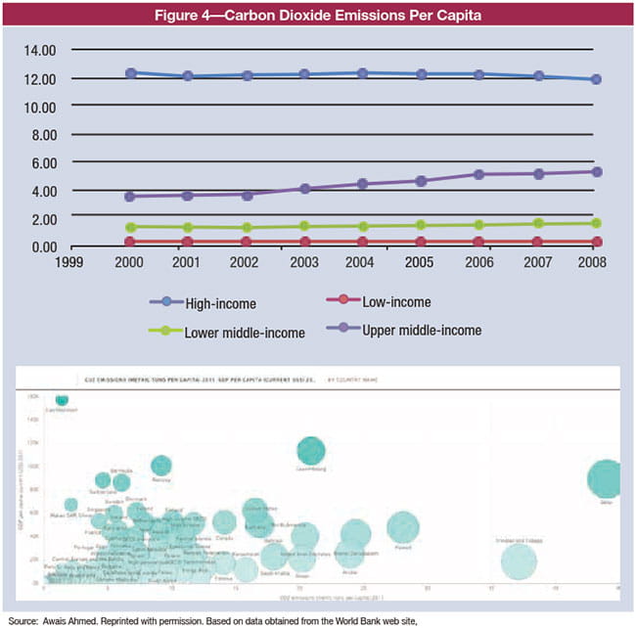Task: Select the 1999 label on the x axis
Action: (68, 263)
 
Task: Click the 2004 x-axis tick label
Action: (362, 263)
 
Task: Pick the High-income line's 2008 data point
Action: (596, 79)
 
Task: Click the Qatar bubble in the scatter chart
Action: (609, 478)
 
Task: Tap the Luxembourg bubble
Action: (312, 449)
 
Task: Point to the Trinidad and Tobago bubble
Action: (520, 561)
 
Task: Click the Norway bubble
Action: (161, 465)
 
